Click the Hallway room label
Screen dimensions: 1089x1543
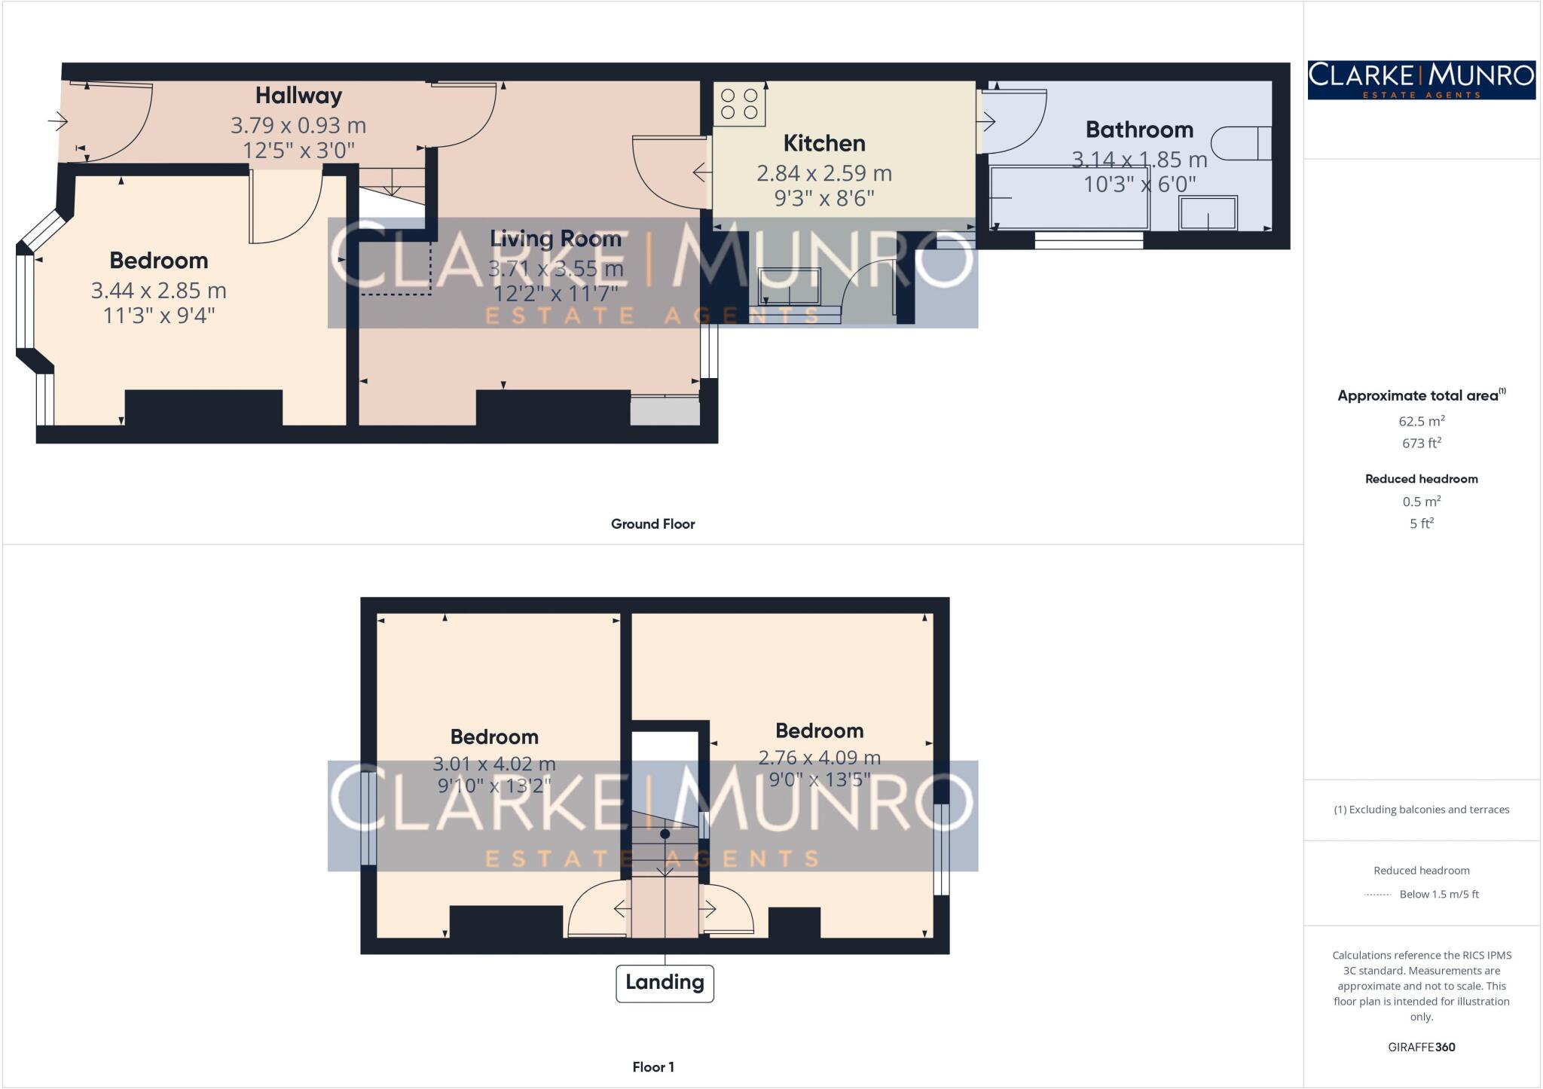[x=298, y=96]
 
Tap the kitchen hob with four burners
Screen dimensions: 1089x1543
[x=739, y=104]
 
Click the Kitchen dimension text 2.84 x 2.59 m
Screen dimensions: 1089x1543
[x=823, y=173]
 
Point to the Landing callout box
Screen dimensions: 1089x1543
[x=664, y=983]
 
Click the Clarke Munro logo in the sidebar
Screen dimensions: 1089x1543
[x=1421, y=80]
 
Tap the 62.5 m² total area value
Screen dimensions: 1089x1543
[x=1421, y=421]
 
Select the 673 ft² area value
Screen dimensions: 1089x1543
[x=1421, y=444]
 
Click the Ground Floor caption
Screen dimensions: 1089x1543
[x=652, y=524]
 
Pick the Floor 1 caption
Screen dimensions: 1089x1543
[x=652, y=1067]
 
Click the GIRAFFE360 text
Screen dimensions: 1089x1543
[x=1421, y=1048]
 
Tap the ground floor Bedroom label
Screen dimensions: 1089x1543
[x=158, y=261]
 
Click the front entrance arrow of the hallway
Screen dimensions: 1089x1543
[x=58, y=120]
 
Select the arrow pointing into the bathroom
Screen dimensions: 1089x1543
[x=986, y=120]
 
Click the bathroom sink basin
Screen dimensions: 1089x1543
[x=1208, y=213]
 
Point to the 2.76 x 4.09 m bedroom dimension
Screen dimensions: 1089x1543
[x=819, y=757]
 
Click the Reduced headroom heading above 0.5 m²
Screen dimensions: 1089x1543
[x=1421, y=479]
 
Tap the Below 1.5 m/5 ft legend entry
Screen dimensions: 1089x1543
[x=1438, y=895]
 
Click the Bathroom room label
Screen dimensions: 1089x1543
[x=1139, y=130]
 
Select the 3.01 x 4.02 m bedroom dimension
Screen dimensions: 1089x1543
[x=493, y=764]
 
